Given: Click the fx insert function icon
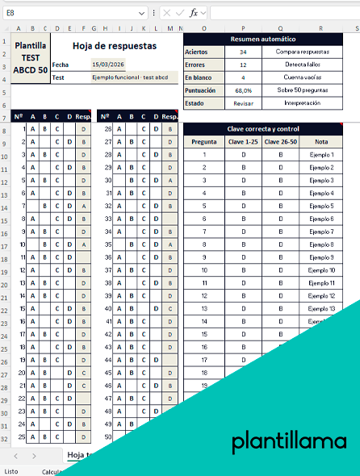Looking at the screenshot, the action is tap(194, 13).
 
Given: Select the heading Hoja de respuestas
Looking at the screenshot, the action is tap(115, 46).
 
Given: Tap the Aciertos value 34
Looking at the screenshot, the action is tap(243, 52).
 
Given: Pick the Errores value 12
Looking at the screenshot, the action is tap(243, 65).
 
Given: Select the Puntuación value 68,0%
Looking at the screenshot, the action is tap(243, 90).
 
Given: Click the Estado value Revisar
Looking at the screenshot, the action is tap(243, 103).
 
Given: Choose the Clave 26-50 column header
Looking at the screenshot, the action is tap(281, 141).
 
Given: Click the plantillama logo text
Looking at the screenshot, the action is tap(288, 442).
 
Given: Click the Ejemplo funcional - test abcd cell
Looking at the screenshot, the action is tap(131, 77).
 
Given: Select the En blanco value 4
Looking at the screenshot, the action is tap(243, 77).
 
